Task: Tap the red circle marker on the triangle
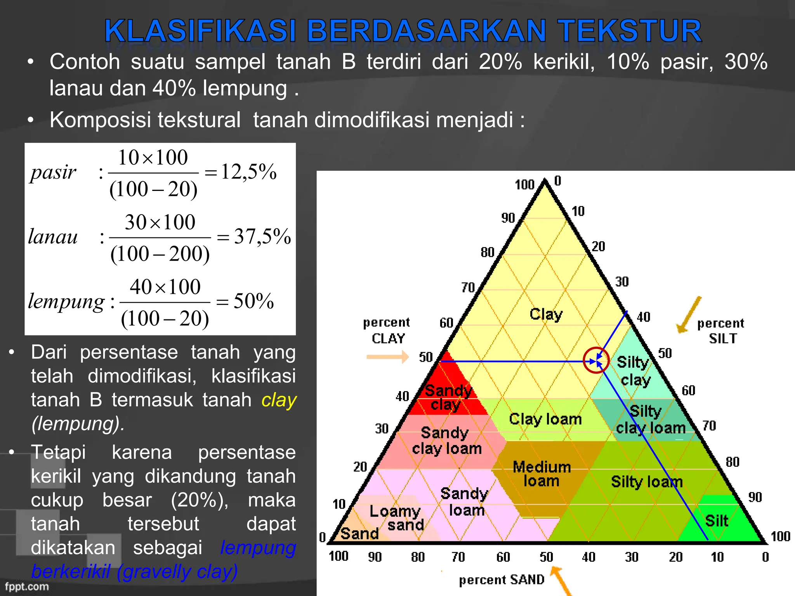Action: [596, 360]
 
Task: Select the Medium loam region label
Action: [542, 474]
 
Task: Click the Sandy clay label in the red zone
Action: [448, 397]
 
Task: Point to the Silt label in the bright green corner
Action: [717, 521]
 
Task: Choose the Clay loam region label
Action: [545, 419]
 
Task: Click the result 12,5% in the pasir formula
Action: [249, 172]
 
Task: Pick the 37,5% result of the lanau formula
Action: [262, 237]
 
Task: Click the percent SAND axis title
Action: [502, 580]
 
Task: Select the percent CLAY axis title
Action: [387, 331]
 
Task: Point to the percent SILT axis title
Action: [721, 331]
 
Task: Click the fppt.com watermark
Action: [27, 586]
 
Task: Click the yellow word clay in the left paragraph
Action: [279, 400]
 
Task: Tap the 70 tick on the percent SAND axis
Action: [458, 557]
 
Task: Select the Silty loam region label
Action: [647, 482]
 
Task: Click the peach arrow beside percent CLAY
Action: [387, 357]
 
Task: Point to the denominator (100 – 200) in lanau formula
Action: [160, 255]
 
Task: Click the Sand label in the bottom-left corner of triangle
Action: [359, 534]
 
